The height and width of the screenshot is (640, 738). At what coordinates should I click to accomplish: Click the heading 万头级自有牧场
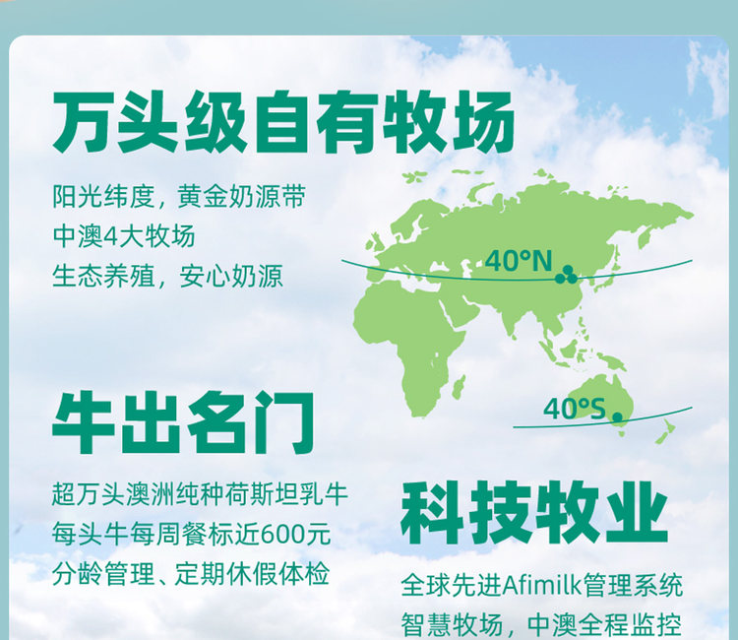[282, 122]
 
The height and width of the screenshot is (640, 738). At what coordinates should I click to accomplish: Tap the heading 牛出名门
[183, 422]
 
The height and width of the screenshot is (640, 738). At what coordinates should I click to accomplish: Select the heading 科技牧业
[534, 512]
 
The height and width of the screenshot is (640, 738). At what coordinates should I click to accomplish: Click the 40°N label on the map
[519, 260]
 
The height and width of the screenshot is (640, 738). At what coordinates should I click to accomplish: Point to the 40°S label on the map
[575, 409]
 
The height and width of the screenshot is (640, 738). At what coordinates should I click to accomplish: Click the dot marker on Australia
[617, 416]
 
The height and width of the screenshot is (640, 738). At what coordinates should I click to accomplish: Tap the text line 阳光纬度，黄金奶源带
[179, 196]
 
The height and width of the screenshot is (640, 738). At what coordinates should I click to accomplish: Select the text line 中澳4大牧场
[124, 236]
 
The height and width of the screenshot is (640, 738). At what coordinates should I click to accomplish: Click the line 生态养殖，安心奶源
[168, 276]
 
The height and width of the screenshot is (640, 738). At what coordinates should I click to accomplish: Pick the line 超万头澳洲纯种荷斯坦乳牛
[200, 494]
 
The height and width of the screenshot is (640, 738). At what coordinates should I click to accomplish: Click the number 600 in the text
[282, 535]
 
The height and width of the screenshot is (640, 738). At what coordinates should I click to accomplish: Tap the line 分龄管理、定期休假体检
[191, 574]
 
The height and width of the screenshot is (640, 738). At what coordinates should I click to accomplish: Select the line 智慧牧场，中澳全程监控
[541, 625]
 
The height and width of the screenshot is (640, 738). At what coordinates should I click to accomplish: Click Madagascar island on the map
[459, 387]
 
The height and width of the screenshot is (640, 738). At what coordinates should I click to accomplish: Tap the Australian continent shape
[600, 398]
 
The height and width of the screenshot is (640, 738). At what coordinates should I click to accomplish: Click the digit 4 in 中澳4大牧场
[109, 236]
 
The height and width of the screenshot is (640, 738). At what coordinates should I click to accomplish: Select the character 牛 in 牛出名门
[84, 422]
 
